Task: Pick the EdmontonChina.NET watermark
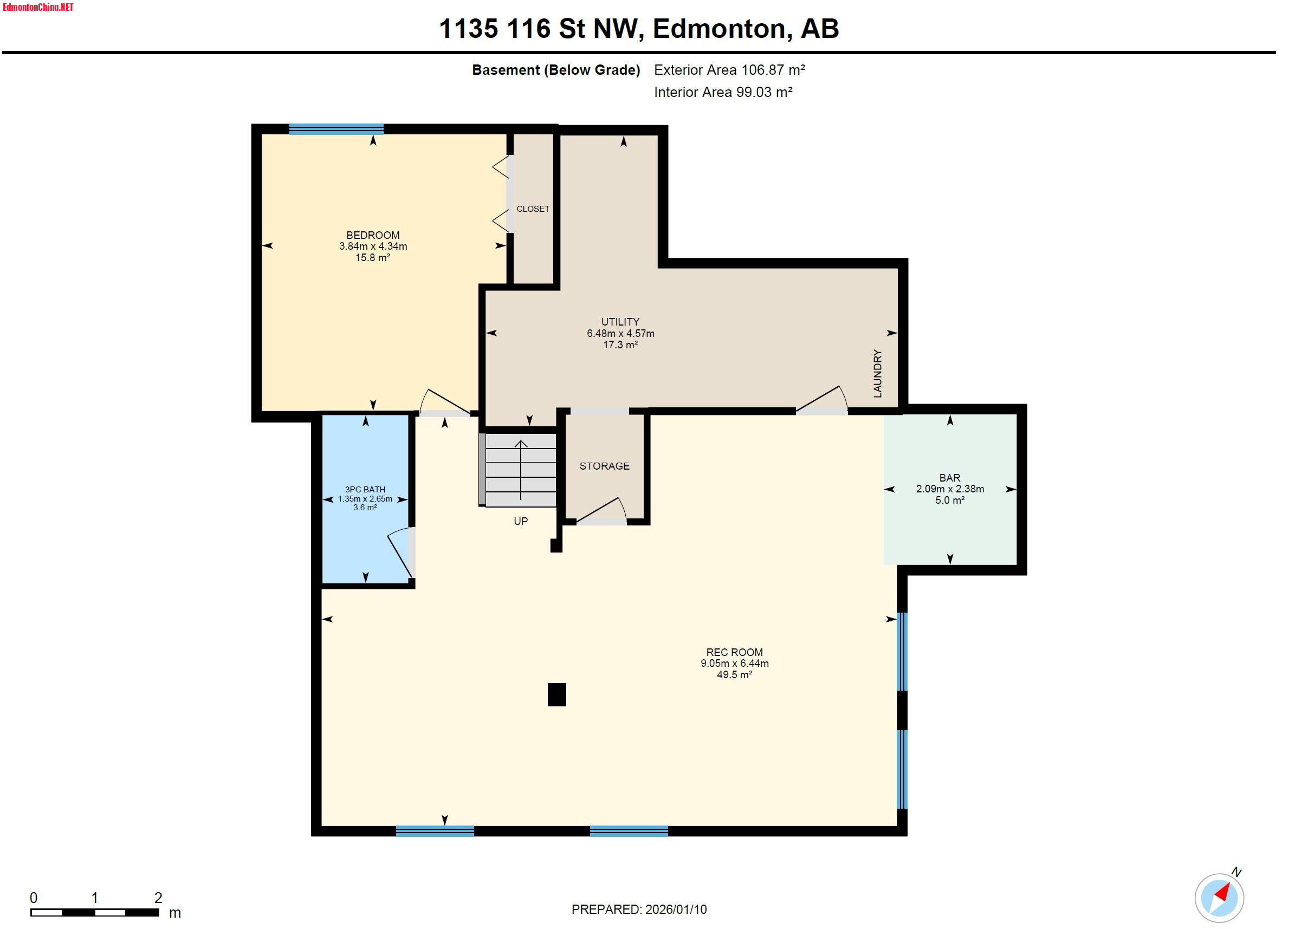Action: pos(38,8)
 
